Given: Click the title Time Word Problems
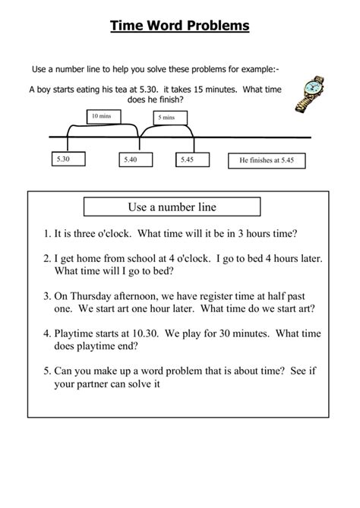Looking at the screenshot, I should pyautogui.click(x=180, y=27).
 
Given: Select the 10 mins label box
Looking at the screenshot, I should pyautogui.click(x=99, y=116).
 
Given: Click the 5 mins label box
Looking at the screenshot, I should pyautogui.click(x=166, y=117).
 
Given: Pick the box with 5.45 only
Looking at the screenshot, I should pyautogui.click(x=186, y=159).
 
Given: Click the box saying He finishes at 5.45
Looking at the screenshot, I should pyautogui.click(x=267, y=161).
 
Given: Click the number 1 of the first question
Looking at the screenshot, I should pyautogui.click(x=46, y=232).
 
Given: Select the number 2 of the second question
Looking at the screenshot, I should pyautogui.click(x=46, y=259).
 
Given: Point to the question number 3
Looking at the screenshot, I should pyautogui.click(x=46, y=296).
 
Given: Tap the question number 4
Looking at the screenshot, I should pyautogui.click(x=46, y=333).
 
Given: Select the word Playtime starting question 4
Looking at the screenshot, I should pyautogui.click(x=77, y=333).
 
